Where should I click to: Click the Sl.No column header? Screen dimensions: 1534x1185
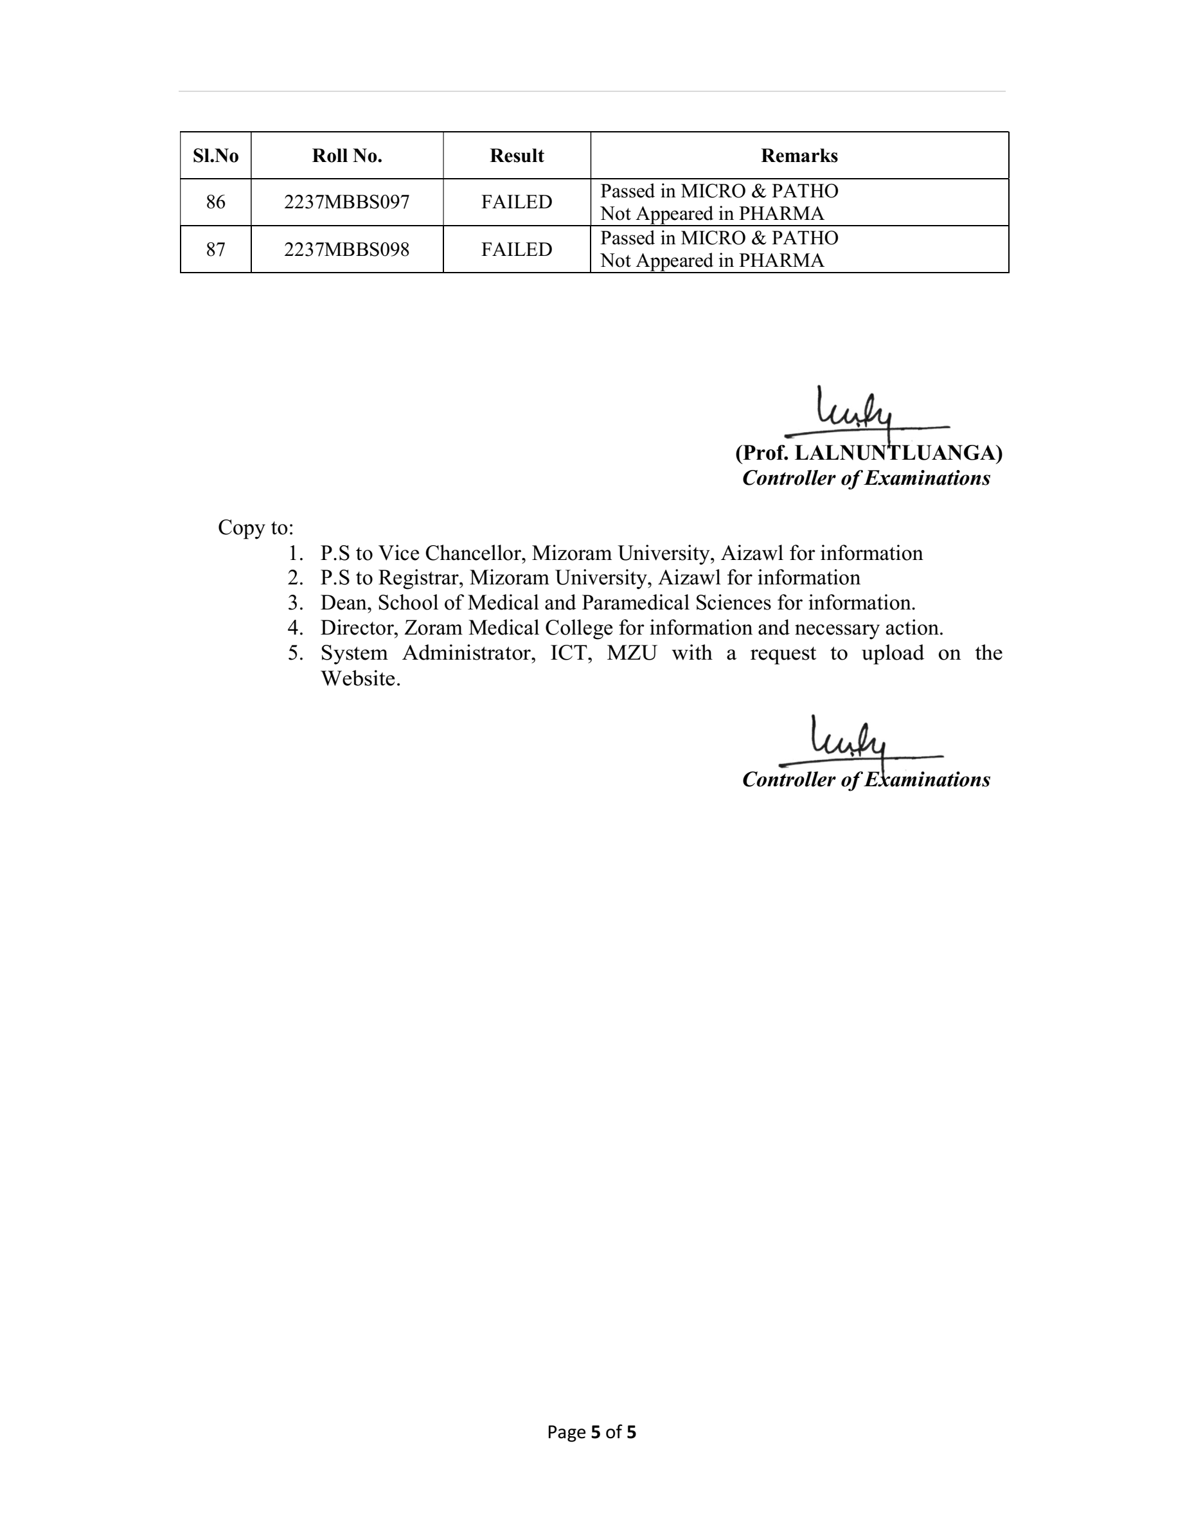[215, 156]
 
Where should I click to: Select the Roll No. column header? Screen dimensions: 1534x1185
[347, 156]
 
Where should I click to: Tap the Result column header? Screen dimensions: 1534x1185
[517, 156]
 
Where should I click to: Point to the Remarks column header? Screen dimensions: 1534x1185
[799, 156]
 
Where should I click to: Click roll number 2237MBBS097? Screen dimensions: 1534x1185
[346, 203]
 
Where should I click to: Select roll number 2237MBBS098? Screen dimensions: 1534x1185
[346, 249]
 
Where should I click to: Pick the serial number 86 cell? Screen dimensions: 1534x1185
[215, 203]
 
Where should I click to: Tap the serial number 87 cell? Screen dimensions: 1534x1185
[215, 249]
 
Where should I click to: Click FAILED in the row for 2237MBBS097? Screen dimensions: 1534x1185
[517, 203]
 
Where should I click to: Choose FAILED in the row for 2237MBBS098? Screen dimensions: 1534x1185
[517, 249]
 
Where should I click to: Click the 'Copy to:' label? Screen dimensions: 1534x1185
[256, 527]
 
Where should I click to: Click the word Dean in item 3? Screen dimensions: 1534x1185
[343, 602]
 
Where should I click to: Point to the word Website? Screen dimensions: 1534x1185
[360, 678]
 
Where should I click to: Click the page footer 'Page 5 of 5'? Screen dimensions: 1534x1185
[592, 1432]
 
